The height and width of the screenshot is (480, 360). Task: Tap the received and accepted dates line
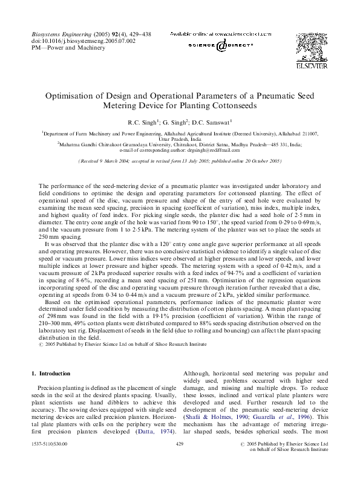180,161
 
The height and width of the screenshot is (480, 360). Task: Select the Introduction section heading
54,374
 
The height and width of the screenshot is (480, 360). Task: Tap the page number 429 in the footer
179,444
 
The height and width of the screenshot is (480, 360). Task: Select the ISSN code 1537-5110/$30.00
49,444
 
